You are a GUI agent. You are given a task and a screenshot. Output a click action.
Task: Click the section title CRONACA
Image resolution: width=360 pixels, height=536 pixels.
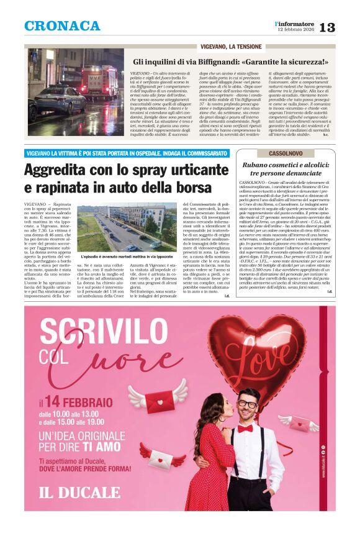62,25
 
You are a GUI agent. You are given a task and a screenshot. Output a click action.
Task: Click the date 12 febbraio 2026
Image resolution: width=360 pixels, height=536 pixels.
295,30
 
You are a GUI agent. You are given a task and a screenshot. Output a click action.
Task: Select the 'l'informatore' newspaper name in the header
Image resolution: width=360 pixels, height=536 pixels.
295,24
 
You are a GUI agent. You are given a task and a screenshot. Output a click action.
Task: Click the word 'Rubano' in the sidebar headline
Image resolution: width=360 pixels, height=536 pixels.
255,165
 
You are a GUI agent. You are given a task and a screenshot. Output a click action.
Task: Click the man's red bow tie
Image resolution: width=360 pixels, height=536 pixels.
245,427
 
